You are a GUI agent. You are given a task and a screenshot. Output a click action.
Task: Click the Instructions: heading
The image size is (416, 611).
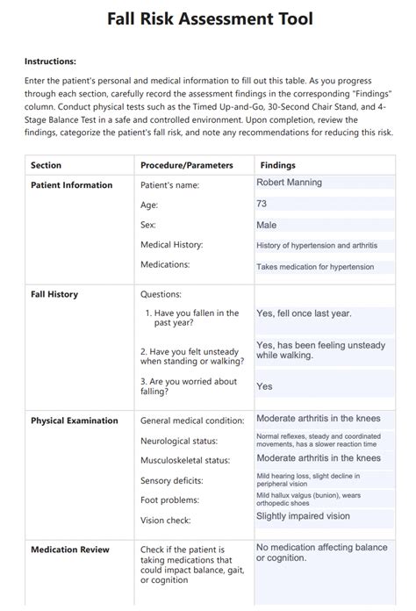(x=50, y=61)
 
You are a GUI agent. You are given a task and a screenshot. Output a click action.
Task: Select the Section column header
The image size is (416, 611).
(x=46, y=165)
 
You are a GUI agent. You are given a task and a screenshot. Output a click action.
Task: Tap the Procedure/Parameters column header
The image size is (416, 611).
(x=186, y=165)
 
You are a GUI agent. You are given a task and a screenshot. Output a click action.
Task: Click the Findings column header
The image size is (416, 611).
(x=277, y=165)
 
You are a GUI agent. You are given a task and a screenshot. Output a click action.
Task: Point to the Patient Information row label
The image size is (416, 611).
(x=71, y=185)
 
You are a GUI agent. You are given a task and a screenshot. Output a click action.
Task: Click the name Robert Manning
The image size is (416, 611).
(x=289, y=183)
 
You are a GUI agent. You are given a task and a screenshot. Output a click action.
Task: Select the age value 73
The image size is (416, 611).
(x=262, y=204)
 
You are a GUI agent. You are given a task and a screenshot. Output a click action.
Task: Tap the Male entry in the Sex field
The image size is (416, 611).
(x=266, y=225)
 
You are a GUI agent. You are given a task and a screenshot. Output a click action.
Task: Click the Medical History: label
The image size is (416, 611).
(x=171, y=245)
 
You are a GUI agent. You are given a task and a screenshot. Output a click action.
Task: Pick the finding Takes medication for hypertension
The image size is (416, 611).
(x=314, y=267)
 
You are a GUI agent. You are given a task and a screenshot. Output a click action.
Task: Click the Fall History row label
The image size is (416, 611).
(x=54, y=294)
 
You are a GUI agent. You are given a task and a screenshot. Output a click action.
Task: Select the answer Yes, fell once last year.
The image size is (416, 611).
(x=305, y=312)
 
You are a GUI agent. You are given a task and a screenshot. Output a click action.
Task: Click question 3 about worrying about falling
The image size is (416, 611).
(x=188, y=386)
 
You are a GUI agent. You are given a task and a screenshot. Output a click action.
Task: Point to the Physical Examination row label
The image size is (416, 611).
(x=74, y=421)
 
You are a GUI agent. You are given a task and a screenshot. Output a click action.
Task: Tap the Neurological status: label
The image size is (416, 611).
(x=179, y=441)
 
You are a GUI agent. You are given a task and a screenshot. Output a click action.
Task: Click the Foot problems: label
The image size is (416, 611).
(x=170, y=500)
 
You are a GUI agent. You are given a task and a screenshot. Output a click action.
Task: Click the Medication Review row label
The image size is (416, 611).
(x=70, y=550)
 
